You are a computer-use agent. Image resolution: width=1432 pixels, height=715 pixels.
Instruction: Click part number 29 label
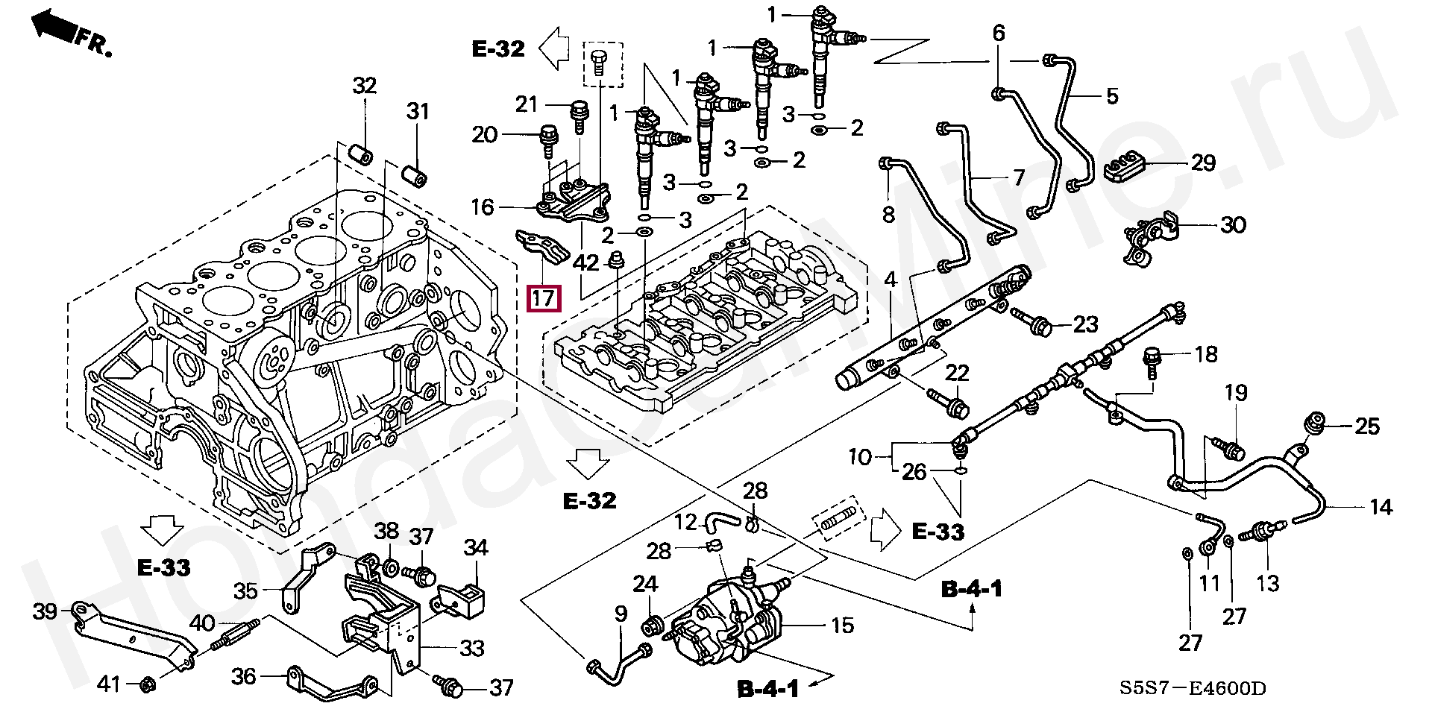(x=1202, y=163)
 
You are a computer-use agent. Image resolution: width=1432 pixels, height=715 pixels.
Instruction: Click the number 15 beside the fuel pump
(x=842, y=625)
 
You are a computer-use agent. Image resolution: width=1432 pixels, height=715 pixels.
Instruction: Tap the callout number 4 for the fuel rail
(x=891, y=281)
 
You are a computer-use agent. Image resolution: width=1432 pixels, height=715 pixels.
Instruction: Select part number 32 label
(x=365, y=86)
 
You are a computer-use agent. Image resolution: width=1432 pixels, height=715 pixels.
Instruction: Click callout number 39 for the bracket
(x=45, y=612)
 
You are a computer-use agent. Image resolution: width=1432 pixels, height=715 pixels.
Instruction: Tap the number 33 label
(x=472, y=648)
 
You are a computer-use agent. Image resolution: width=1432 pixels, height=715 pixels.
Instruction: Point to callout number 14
(x=1381, y=507)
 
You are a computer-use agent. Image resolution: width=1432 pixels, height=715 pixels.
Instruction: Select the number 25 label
(x=1367, y=426)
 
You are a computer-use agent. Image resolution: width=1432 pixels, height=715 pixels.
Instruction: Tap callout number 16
(x=483, y=207)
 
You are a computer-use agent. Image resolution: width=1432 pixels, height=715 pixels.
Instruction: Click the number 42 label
(x=586, y=262)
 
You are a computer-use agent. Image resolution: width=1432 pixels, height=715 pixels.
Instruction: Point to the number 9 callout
(x=621, y=614)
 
